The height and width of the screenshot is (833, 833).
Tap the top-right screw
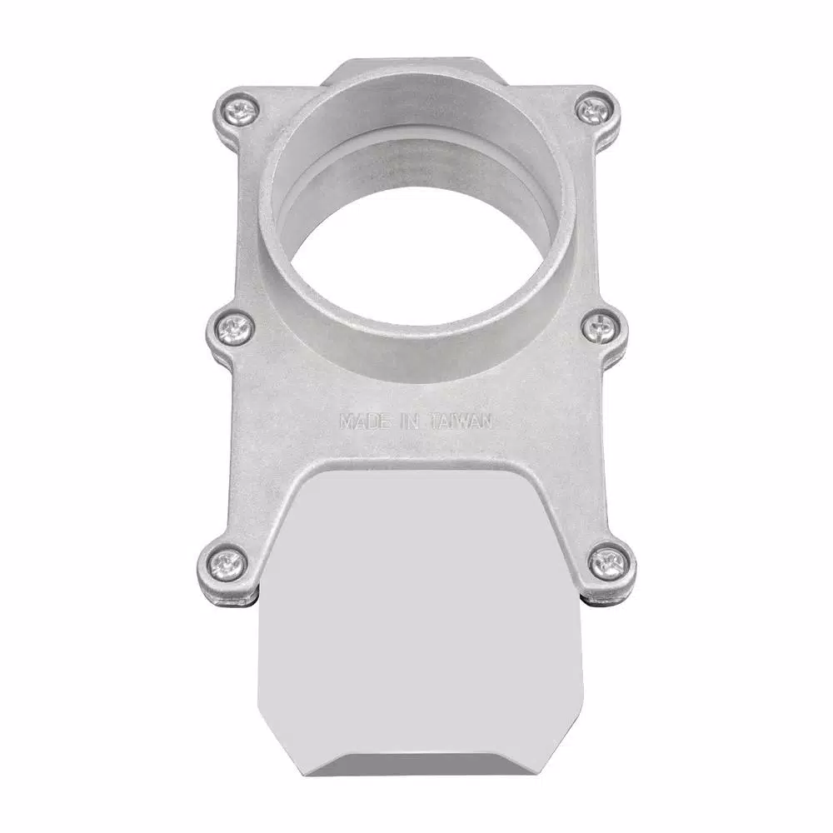[592, 111]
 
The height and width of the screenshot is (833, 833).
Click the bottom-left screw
[228, 559]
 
